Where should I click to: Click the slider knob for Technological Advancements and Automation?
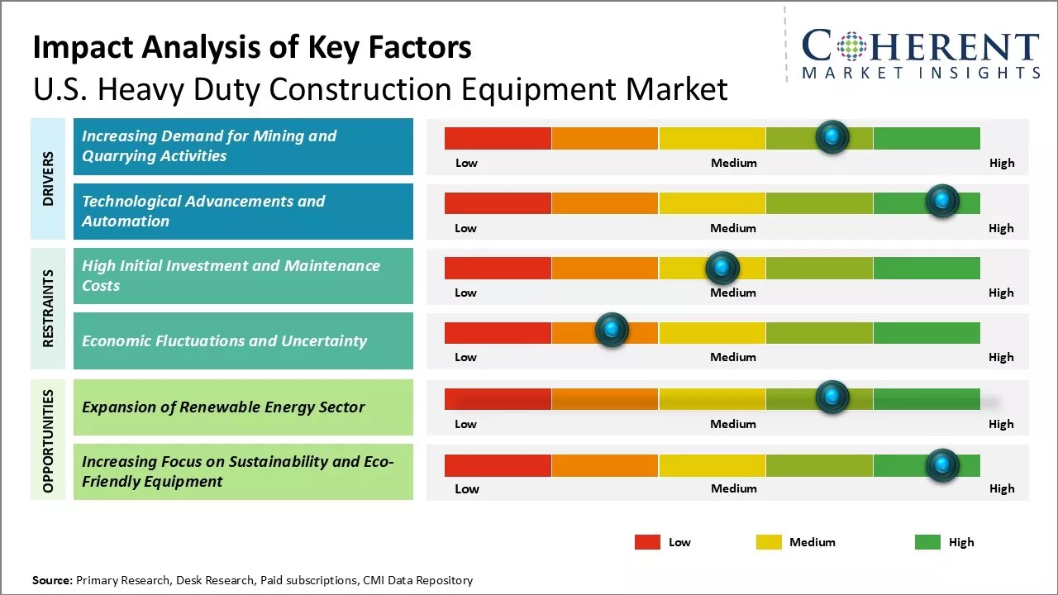click(941, 201)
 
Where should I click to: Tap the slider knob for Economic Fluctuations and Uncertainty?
click(612, 331)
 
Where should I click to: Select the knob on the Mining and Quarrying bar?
click(832, 136)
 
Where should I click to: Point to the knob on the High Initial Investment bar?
click(722, 267)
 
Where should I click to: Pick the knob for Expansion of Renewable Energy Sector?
click(832, 397)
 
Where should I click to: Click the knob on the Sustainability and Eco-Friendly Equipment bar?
click(941, 464)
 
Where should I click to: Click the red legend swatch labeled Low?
click(647, 542)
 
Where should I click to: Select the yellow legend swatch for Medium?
click(769, 542)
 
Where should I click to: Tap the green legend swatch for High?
click(927, 542)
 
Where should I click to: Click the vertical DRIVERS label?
click(48, 178)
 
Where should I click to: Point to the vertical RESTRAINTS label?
click(48, 308)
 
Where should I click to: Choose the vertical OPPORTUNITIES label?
click(48, 440)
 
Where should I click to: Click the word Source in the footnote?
click(52, 580)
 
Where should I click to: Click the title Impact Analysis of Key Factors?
click(252, 48)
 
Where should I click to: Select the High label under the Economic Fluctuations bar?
click(1001, 357)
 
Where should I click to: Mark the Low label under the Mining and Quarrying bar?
click(466, 163)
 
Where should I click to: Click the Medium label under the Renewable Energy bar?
click(733, 424)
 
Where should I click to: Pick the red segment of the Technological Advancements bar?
click(498, 203)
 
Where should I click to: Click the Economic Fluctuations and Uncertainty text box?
click(243, 340)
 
